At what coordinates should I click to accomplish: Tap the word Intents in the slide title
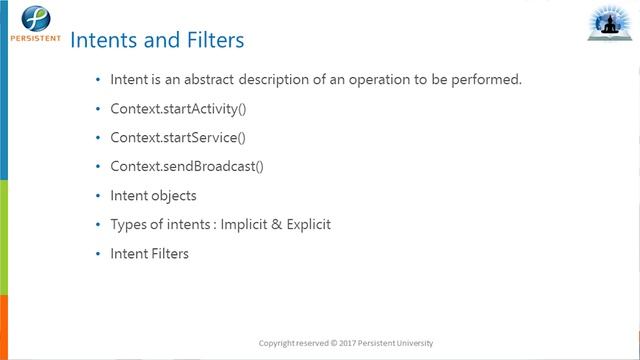coord(105,41)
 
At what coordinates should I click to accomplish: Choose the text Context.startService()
coord(177,137)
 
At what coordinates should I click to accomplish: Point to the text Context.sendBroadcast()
coord(186,166)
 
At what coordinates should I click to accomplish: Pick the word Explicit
coord(304,224)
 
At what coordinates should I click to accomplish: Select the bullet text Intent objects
coord(153,195)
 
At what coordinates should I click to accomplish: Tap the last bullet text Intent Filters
coord(149,253)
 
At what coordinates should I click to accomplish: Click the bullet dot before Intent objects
coord(97,195)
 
